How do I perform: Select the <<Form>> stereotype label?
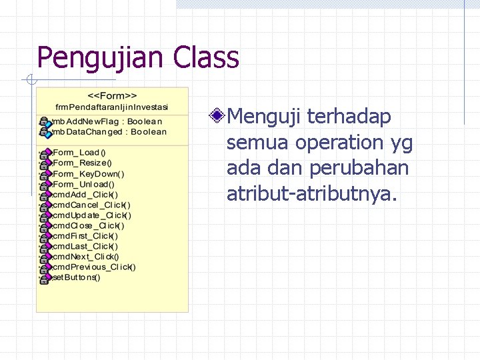[112, 95]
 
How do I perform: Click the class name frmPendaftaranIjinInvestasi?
[112, 107]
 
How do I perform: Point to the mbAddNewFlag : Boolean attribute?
[107, 121]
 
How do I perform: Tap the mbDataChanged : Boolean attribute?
[109, 131]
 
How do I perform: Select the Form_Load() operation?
[79, 152]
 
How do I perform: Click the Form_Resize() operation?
[82, 163]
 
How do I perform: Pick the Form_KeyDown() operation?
[88, 173]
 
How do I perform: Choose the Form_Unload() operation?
[83, 184]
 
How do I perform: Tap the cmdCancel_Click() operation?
[91, 205]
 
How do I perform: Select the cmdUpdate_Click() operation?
[91, 215]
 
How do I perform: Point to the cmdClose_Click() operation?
[88, 225]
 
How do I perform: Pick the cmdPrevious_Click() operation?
[94, 267]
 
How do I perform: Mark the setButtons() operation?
[76, 277]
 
